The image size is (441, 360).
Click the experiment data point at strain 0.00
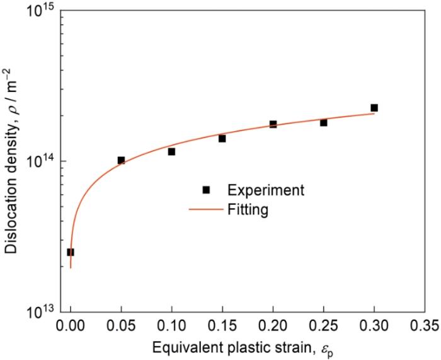(71, 252)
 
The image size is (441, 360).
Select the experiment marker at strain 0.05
(121, 160)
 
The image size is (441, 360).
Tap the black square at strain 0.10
(171, 151)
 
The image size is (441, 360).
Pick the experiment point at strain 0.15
(222, 138)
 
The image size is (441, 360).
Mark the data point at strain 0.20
(273, 124)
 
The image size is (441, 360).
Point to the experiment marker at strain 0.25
(324, 122)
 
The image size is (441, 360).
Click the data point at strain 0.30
(374, 108)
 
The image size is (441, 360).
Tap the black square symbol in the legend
(205, 189)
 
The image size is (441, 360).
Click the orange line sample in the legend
(205, 209)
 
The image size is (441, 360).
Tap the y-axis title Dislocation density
(12, 161)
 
